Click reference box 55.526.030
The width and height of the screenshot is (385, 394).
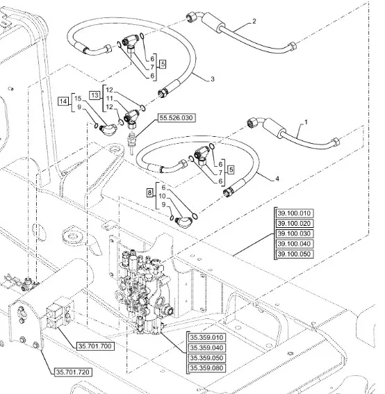pos(177,118)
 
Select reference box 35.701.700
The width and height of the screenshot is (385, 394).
pos(95,346)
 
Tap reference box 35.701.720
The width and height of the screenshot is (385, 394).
pos(73,372)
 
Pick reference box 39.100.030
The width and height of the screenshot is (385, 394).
pos(294,233)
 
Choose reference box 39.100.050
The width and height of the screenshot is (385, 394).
pos(294,254)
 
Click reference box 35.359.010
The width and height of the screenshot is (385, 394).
pos(206,338)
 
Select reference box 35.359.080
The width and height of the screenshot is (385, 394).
pos(206,368)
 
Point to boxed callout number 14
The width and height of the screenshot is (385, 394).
pos(63,101)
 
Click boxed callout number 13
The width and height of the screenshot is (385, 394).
pos(95,95)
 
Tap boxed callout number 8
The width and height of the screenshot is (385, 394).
pos(150,193)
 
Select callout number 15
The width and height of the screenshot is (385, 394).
pos(78,99)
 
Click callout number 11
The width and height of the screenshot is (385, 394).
pos(109,99)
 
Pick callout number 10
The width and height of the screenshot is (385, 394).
pos(163,196)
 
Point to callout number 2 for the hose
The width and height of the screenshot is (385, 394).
pos(254,22)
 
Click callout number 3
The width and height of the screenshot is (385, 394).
pos(213,79)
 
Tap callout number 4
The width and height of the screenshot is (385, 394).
pos(277,179)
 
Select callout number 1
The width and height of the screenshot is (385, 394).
pos(306,122)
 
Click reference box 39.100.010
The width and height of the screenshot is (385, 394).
pos(294,213)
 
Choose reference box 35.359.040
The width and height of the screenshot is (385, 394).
pos(206,347)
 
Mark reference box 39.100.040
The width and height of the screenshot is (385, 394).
pos(294,244)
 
